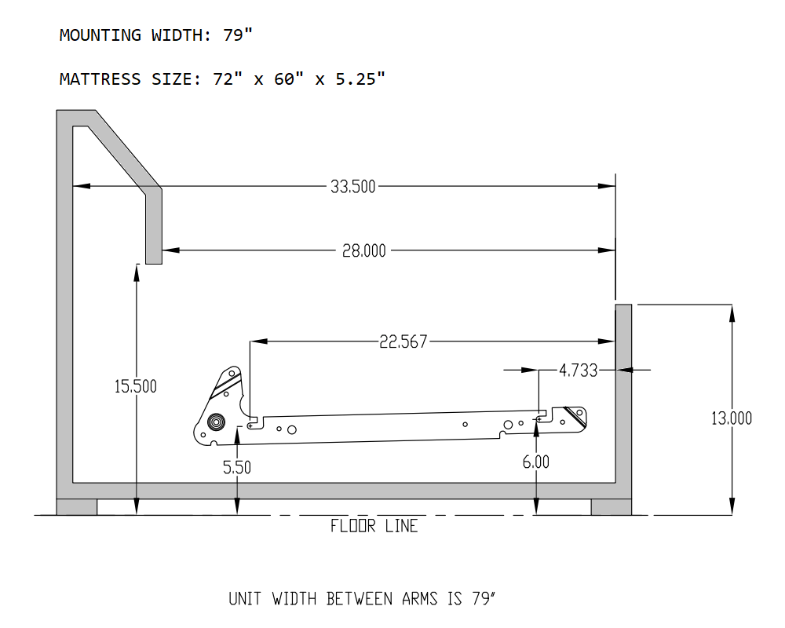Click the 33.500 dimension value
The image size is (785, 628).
(x=352, y=187)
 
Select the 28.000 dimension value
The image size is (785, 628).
(x=364, y=250)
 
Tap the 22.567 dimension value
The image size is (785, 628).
(x=403, y=341)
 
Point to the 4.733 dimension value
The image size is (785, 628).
(x=579, y=370)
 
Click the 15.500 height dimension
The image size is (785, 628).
(x=135, y=386)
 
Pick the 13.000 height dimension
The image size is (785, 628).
(x=732, y=418)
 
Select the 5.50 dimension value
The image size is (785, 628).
(x=237, y=467)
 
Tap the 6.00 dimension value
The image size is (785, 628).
(x=535, y=462)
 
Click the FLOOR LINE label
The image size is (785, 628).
(x=374, y=526)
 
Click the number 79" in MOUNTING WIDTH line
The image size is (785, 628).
(x=238, y=35)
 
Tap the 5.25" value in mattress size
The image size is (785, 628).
(x=360, y=78)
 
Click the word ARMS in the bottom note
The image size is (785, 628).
(x=419, y=599)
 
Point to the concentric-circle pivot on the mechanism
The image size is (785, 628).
(x=216, y=422)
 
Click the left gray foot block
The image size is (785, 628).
(x=77, y=507)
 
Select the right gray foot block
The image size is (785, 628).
(x=612, y=507)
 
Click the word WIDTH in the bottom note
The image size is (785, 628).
(x=294, y=599)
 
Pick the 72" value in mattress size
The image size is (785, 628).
(x=228, y=78)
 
